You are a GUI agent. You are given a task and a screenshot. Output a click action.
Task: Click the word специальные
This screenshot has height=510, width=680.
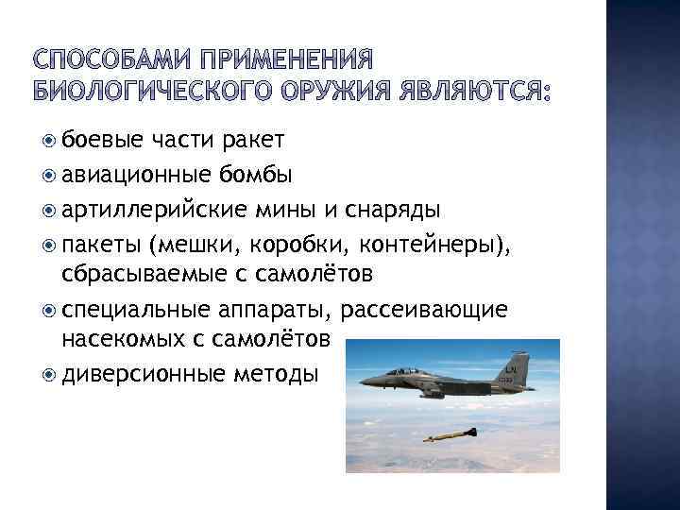click(x=132, y=309)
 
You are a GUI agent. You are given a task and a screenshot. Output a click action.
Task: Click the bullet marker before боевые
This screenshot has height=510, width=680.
click(x=50, y=141)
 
